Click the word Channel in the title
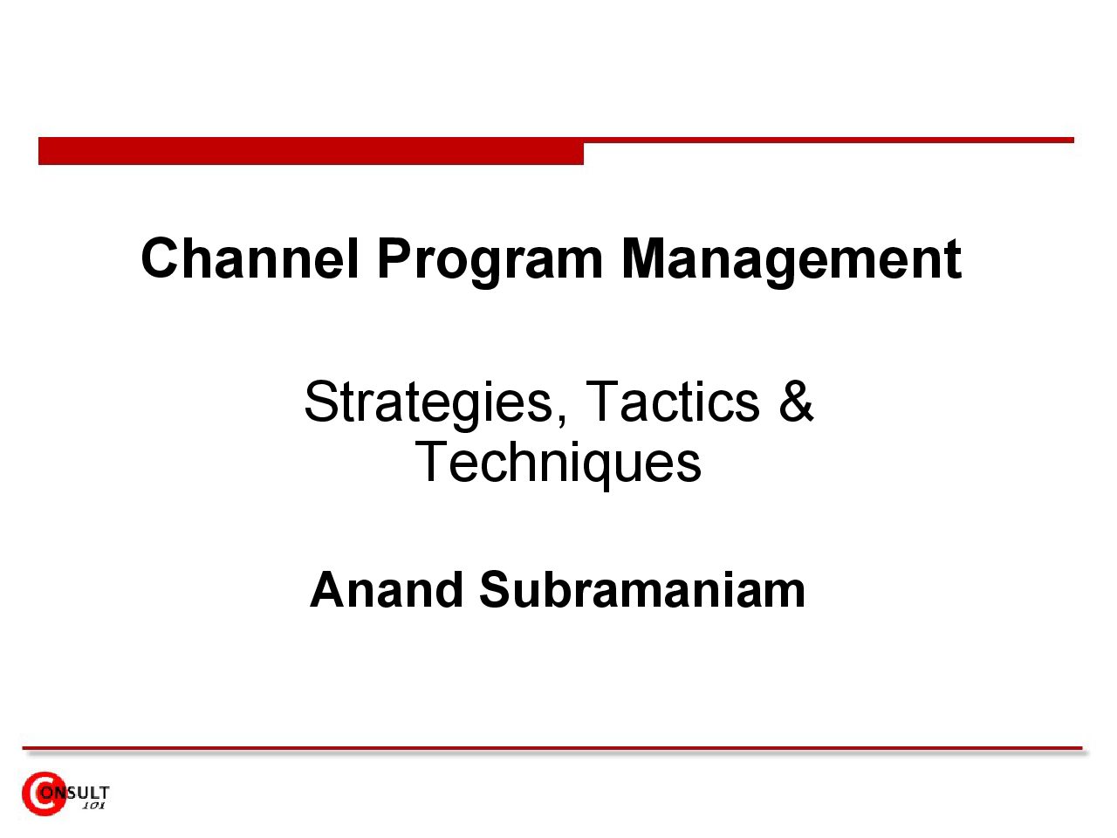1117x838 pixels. [250, 258]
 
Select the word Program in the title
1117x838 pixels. [490, 263]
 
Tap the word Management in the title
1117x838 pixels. [791, 263]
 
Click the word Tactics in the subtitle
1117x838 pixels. [673, 401]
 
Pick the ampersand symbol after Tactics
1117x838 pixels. [795, 401]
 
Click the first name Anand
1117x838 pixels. [387, 589]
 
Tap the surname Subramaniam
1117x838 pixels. [642, 589]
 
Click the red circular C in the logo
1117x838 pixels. [43, 793]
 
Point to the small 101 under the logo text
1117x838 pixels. [93, 806]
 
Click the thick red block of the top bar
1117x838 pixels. [311, 151]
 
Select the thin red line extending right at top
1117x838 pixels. [829, 140]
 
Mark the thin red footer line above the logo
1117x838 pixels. [552, 748]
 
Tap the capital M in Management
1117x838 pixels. [642, 258]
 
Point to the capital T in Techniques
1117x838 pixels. [430, 461]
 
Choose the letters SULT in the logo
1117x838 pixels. [88, 793]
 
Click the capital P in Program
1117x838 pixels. [395, 258]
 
